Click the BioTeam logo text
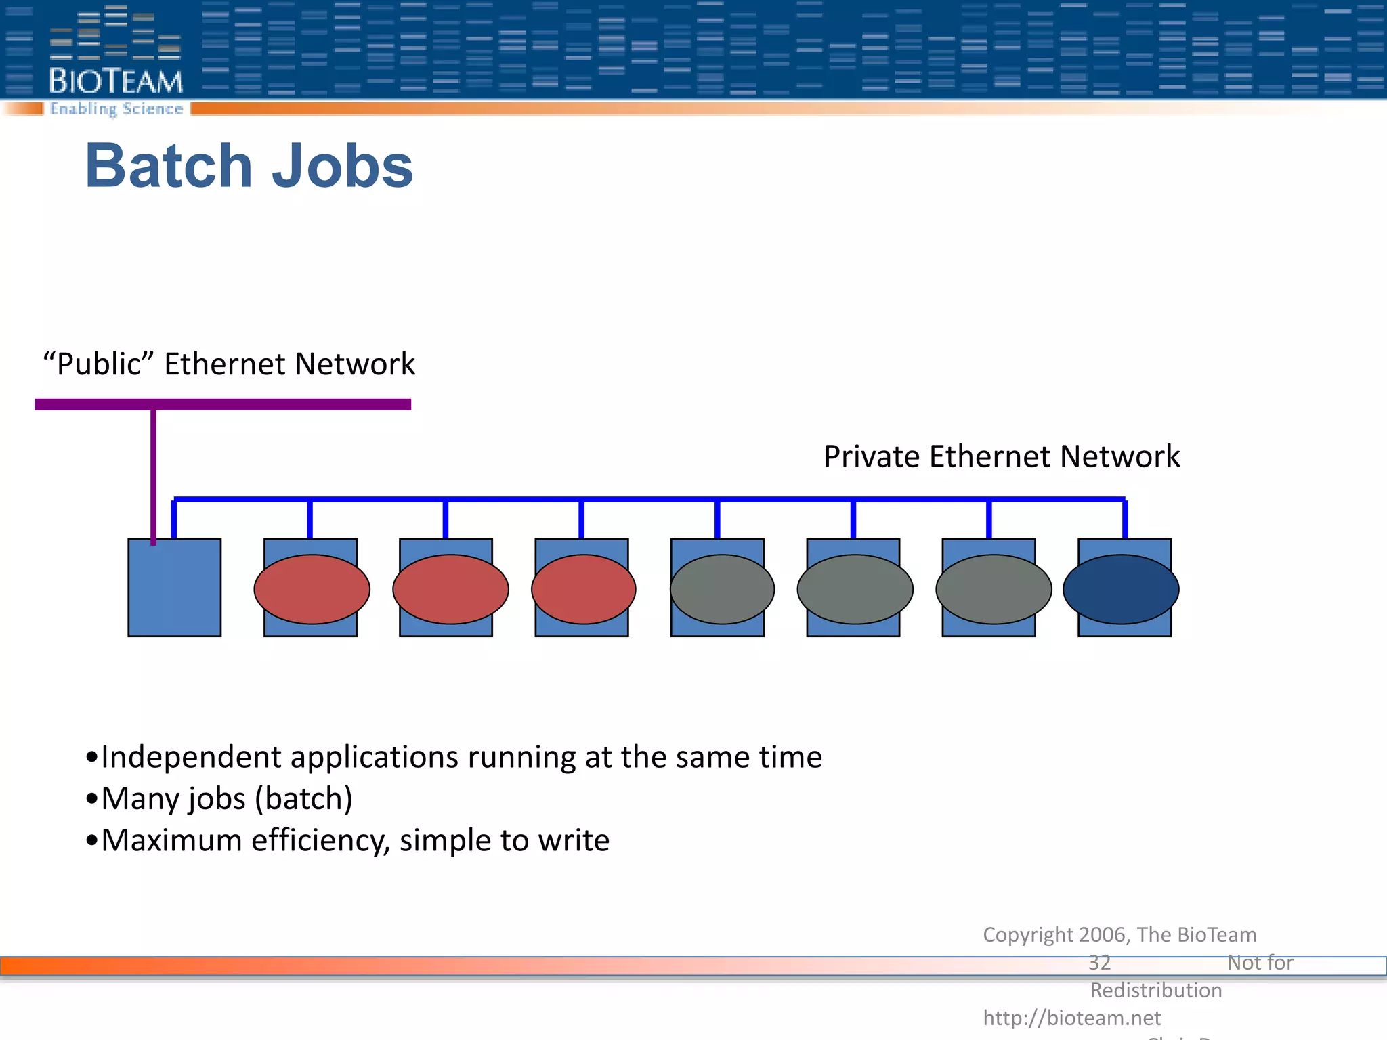[x=116, y=81]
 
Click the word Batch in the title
[x=169, y=166]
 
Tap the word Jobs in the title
[x=342, y=166]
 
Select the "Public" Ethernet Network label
[x=229, y=364]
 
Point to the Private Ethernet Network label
[x=1002, y=456]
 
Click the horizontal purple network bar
[x=223, y=404]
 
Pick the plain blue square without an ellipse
[x=175, y=588]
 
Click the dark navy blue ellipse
[x=1121, y=589]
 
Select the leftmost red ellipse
[x=312, y=589]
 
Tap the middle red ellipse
[x=450, y=589]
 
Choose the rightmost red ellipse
[x=583, y=589]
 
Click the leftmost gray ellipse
[x=722, y=589]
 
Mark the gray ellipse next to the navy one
[x=994, y=589]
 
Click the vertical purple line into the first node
[x=154, y=474]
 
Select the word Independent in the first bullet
[x=190, y=757]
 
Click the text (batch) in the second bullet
[x=303, y=799]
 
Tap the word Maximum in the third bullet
[x=171, y=840]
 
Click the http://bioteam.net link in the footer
[x=1071, y=1018]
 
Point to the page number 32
[x=1099, y=962]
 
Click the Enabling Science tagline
[x=116, y=109]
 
